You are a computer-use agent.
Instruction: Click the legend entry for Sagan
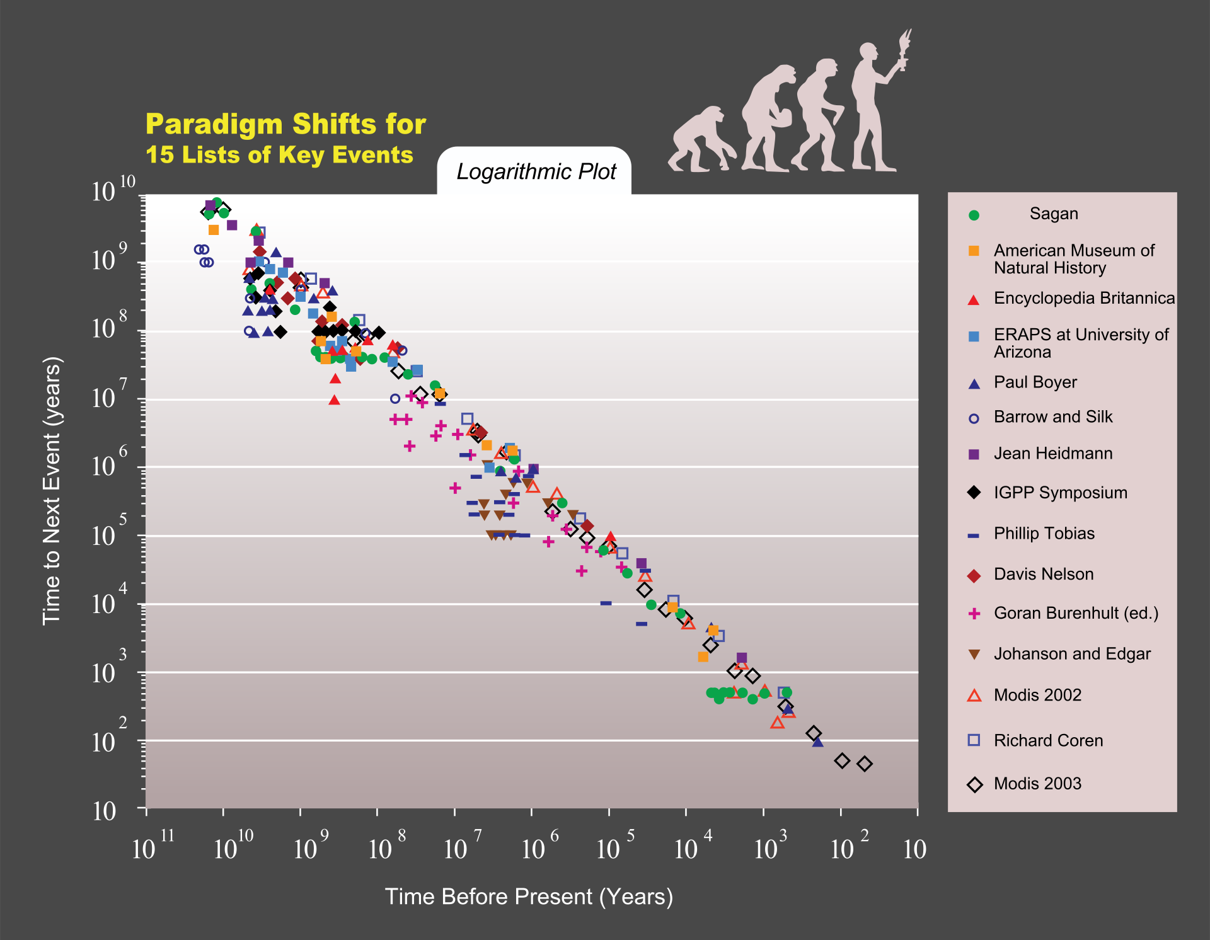pyautogui.click(x=1053, y=214)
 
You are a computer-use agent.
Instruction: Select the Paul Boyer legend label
pyautogui.click(x=1035, y=382)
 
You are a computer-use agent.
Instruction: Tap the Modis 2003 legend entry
pyautogui.click(x=1037, y=784)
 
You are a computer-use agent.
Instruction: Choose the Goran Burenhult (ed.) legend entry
pyautogui.click(x=1076, y=613)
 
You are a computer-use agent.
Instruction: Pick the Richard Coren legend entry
pyautogui.click(x=1048, y=740)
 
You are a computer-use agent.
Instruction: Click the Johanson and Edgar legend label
pyautogui.click(x=1071, y=654)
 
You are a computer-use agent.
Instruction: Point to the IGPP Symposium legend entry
pyautogui.click(x=1060, y=493)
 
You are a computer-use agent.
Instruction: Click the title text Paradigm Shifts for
pyautogui.click(x=285, y=125)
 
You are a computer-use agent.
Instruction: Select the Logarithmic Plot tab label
pyautogui.click(x=536, y=172)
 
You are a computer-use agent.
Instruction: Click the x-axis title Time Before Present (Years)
pyautogui.click(x=529, y=897)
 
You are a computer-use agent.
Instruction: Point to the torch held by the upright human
pyautogui.click(x=904, y=47)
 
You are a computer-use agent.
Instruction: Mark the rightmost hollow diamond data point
pyautogui.click(x=865, y=764)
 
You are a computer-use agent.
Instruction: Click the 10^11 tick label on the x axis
pyautogui.click(x=151, y=848)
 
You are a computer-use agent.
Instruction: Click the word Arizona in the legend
pyautogui.click(x=1022, y=352)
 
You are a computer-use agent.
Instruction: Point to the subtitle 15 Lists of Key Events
pyautogui.click(x=279, y=155)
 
